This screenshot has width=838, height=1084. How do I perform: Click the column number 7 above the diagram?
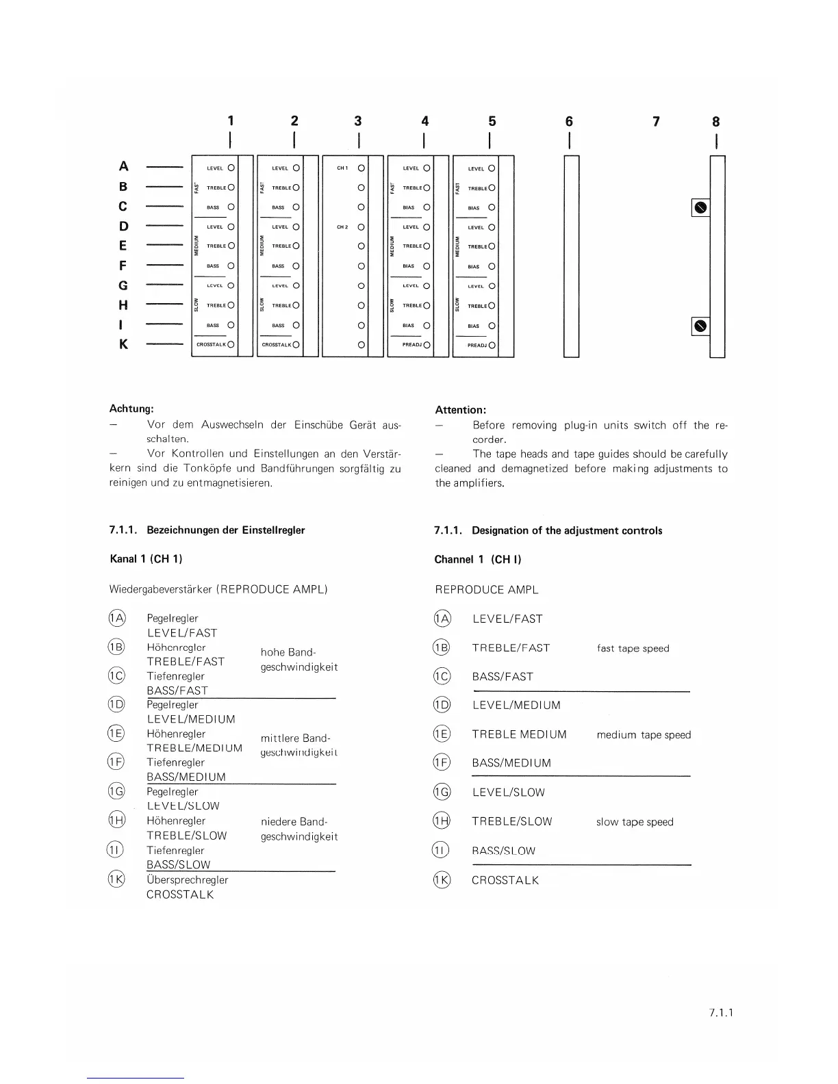click(x=656, y=122)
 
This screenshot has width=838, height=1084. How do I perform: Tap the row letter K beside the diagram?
click(x=123, y=344)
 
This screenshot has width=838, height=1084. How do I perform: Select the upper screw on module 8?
click(x=700, y=207)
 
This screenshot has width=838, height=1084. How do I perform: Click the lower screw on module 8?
click(x=700, y=326)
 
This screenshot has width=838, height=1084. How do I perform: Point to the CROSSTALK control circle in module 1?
click(x=231, y=345)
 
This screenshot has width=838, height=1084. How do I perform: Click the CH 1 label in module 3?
click(x=342, y=168)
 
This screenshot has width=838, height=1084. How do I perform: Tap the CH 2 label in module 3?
click(x=342, y=227)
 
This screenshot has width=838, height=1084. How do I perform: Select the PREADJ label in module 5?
click(x=477, y=346)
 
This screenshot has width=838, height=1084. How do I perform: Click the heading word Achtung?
click(x=131, y=409)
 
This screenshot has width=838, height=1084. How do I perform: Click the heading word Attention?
click(x=460, y=410)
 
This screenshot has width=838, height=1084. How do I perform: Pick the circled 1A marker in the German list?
click(x=117, y=619)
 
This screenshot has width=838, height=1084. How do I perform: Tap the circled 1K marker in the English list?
click(x=442, y=880)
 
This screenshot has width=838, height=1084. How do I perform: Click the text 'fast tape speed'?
click(x=633, y=648)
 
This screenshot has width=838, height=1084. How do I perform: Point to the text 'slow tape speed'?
click(x=635, y=822)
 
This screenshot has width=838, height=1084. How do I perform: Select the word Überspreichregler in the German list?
click(x=187, y=880)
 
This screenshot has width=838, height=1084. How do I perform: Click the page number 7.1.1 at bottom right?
click(x=721, y=1013)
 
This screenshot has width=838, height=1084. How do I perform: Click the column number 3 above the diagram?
click(x=357, y=121)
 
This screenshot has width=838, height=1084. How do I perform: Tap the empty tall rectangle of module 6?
click(x=571, y=257)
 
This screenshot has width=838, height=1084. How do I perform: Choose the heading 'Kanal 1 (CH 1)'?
click(x=146, y=559)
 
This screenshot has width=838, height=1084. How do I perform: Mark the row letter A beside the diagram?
click(x=123, y=166)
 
